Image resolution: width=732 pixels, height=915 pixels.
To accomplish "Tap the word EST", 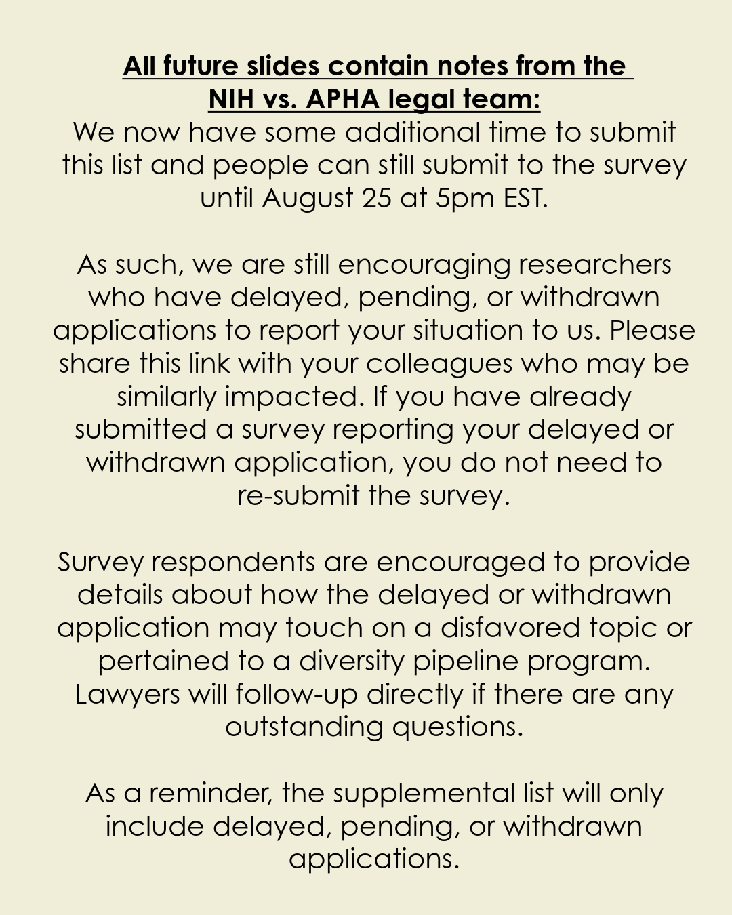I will coord(525,199).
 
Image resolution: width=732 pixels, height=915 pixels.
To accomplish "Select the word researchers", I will coord(595,264).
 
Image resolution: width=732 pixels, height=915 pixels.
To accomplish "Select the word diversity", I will coord(352,662).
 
